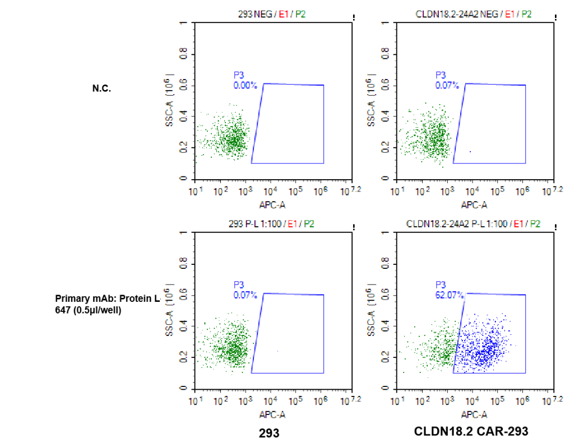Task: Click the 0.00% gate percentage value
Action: [245, 86]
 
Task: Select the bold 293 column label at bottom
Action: [269, 433]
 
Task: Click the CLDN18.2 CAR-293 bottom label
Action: [471, 432]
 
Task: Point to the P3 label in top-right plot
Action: [441, 75]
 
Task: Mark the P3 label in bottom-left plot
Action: [239, 284]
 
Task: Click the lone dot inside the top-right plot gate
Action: [470, 151]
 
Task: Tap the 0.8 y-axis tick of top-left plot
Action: [183, 54]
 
